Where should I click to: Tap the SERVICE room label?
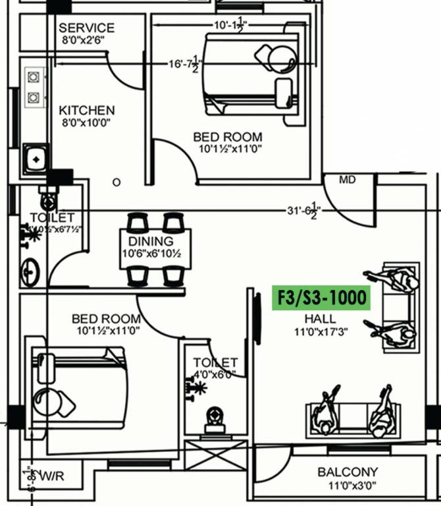86,28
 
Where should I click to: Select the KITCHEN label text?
86,110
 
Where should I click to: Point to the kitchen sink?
34,159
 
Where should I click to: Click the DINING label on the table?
151,242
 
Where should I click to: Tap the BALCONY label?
348,472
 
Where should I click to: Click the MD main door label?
347,179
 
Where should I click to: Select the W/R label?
50,474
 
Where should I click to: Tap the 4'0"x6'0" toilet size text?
215,374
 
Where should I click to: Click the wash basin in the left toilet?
30,271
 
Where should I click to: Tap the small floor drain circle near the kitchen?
117,181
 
